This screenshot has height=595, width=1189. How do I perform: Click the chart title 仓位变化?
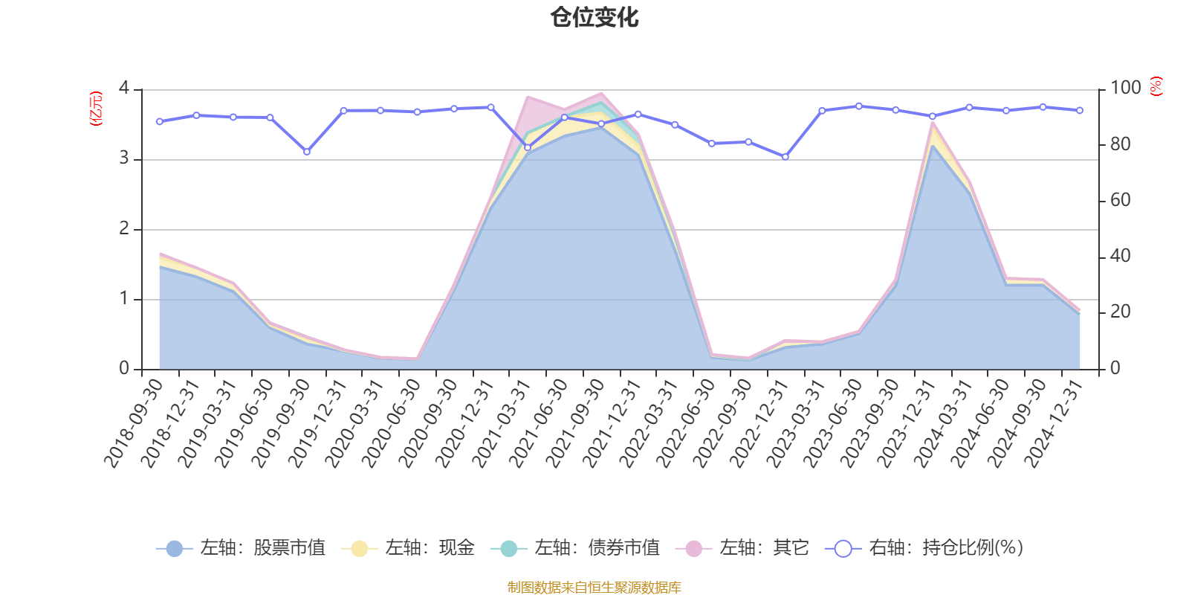click(x=594, y=17)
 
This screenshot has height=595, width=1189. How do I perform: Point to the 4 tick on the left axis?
click(x=123, y=89)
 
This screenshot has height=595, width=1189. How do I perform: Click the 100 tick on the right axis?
click(x=1125, y=89)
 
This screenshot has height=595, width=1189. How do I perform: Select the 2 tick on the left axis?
click(x=123, y=229)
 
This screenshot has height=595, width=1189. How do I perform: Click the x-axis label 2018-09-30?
click(x=134, y=422)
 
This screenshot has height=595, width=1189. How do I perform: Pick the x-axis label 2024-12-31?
click(x=1054, y=422)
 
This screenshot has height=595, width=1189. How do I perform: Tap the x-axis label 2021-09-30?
click(x=576, y=422)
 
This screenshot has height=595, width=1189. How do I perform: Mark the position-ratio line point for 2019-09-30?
click(x=307, y=152)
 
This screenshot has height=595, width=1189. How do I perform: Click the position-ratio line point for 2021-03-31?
click(x=528, y=147)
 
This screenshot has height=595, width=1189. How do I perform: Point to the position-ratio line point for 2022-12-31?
click(x=785, y=157)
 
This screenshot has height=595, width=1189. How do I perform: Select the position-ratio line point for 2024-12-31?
click(x=1080, y=110)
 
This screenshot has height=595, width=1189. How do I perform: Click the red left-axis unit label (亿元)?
click(x=96, y=109)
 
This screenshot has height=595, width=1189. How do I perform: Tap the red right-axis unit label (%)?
click(x=1156, y=87)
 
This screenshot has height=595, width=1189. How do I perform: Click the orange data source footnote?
click(x=594, y=588)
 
